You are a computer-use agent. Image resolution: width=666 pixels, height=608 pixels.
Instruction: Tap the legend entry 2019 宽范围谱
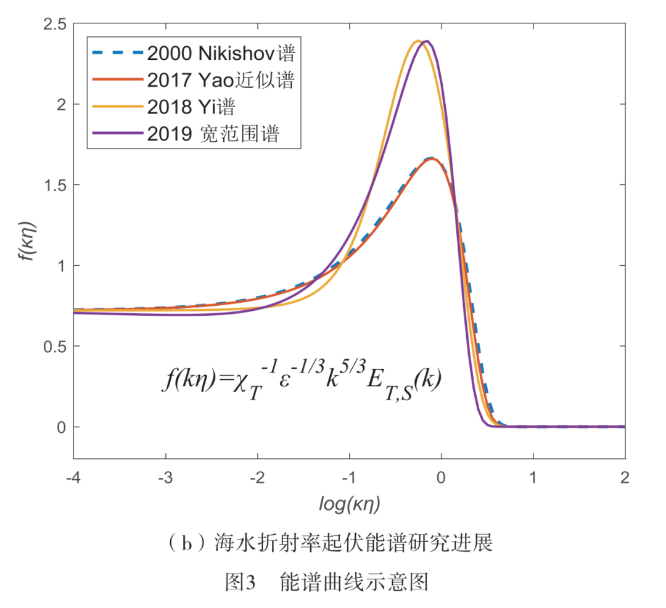point(213,134)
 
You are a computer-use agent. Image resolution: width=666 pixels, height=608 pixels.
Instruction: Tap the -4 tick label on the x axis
point(73,479)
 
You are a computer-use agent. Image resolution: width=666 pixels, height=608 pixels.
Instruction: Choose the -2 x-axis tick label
point(257,479)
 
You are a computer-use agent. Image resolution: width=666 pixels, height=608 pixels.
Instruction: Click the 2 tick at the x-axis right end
point(625,479)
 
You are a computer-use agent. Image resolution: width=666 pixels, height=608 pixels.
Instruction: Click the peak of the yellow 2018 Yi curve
point(418,41)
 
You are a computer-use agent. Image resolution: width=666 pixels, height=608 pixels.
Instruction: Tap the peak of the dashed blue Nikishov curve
point(432,158)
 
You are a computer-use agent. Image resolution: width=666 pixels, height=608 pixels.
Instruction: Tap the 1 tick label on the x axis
point(533,479)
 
